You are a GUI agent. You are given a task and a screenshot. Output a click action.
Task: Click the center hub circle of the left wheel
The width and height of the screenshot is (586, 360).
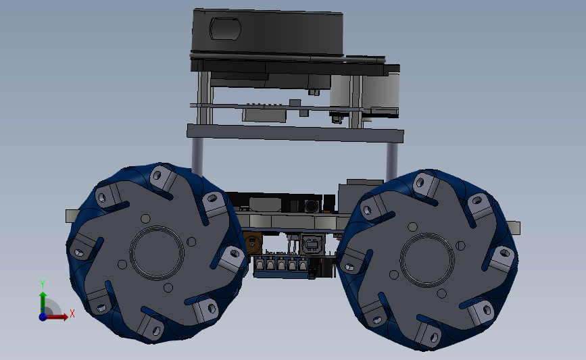click(x=157, y=253)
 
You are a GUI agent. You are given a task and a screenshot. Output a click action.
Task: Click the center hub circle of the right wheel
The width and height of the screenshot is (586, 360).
click(x=427, y=260)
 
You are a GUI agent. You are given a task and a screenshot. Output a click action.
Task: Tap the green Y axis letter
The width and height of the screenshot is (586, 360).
click(x=43, y=284)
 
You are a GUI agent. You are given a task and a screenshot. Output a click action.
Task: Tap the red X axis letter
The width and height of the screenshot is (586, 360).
click(x=72, y=313)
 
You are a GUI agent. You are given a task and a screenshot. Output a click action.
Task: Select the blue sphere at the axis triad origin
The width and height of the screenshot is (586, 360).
click(x=43, y=317)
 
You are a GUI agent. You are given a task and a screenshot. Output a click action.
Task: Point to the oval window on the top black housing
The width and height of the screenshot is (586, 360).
click(x=225, y=28)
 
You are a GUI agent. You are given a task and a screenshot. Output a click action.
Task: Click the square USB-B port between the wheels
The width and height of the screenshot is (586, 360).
click(x=310, y=245)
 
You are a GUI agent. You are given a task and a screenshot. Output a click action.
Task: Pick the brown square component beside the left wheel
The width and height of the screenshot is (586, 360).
click(x=253, y=243)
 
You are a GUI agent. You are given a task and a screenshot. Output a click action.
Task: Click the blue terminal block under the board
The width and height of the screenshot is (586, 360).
click(x=281, y=266)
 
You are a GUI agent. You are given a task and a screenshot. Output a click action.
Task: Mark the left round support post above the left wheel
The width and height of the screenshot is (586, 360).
click(x=197, y=155)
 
